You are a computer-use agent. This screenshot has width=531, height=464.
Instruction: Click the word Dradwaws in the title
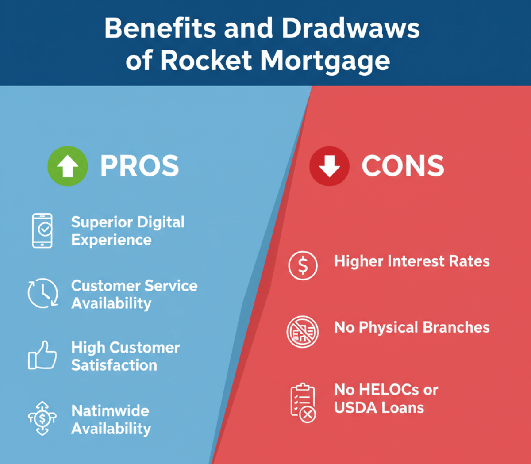(x=350, y=29)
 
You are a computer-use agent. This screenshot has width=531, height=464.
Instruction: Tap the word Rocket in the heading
(x=206, y=60)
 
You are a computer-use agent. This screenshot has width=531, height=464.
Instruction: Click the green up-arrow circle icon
(x=68, y=166)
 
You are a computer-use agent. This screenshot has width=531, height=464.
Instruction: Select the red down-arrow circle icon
(x=329, y=166)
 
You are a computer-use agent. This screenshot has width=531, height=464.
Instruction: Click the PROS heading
(x=139, y=166)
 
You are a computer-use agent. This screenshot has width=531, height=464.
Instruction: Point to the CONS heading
(x=403, y=166)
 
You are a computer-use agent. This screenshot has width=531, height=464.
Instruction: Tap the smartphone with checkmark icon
(x=42, y=230)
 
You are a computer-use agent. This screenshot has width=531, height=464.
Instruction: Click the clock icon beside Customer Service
(x=43, y=293)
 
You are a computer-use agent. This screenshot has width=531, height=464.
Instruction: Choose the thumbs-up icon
(x=42, y=355)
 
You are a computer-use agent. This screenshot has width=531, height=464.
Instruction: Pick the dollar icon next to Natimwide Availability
(x=42, y=418)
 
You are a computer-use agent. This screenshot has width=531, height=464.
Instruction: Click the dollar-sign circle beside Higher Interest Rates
(x=303, y=265)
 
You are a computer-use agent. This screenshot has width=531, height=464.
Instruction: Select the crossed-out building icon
(x=303, y=331)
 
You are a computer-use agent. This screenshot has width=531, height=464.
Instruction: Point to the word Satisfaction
(x=114, y=365)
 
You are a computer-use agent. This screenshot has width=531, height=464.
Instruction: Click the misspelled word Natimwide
(x=110, y=411)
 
